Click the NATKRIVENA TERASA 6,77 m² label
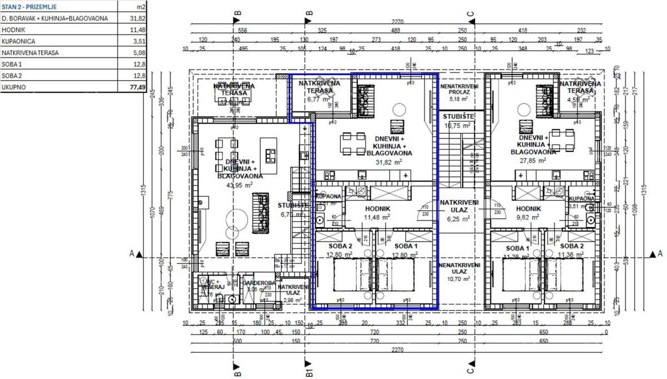[x=319, y=91]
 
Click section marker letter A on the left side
[x=132, y=254]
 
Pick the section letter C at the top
[x=470, y=13]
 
